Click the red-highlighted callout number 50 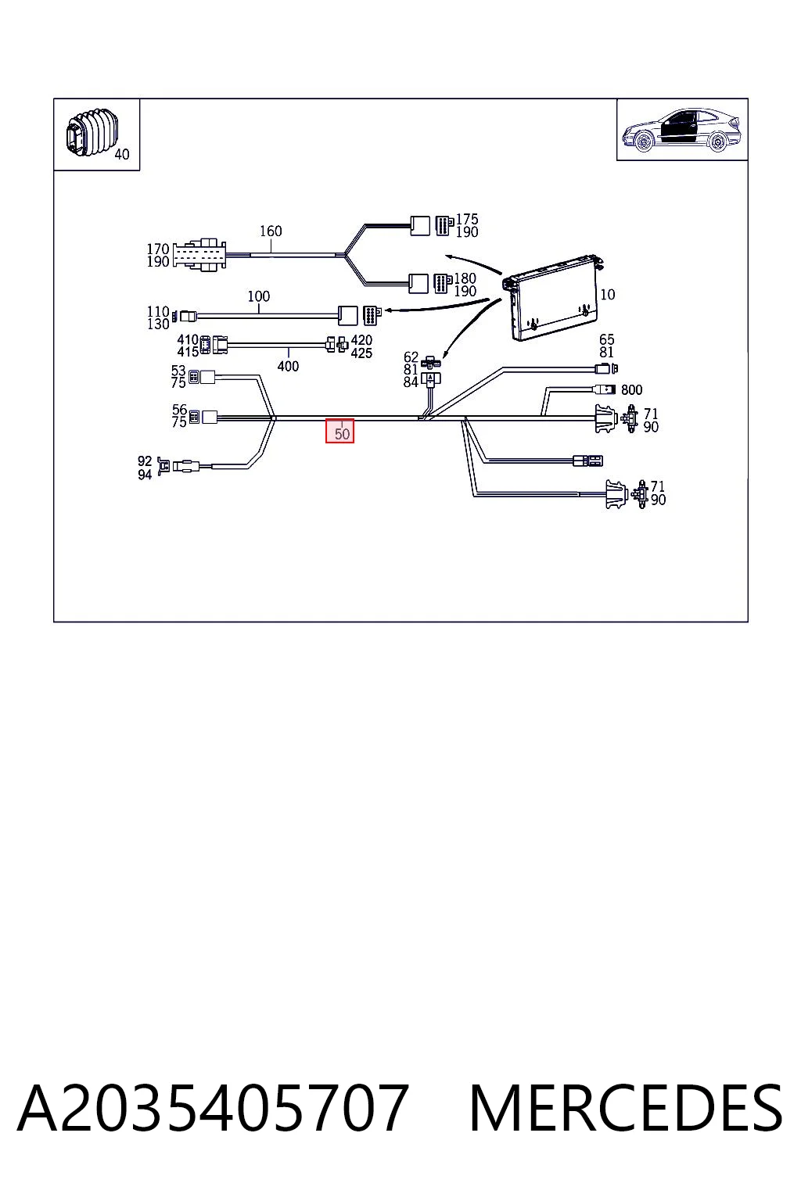click(342, 433)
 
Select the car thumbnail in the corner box click(681, 131)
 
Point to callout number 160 click(271, 231)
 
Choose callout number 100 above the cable click(259, 296)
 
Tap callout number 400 click(288, 366)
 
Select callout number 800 click(631, 390)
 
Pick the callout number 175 click(467, 219)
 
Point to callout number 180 click(465, 278)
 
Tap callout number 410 click(188, 340)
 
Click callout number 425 click(361, 353)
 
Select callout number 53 click(178, 371)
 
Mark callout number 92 click(145, 461)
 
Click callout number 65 click(607, 339)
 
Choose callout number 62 click(411, 357)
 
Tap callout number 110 click(158, 311)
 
